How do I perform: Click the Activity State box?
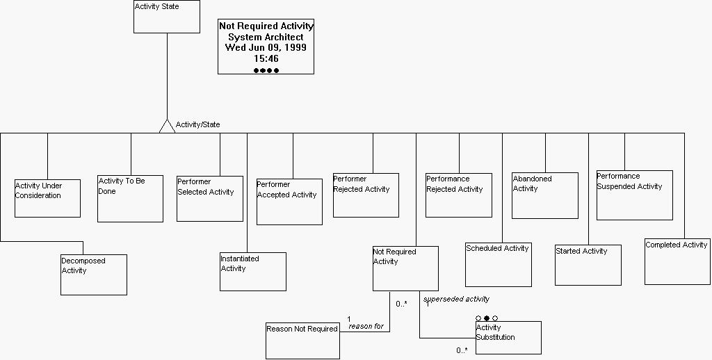(x=167, y=17)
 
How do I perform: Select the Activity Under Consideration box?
(x=47, y=198)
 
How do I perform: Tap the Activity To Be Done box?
(x=130, y=199)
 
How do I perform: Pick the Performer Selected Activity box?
(x=210, y=199)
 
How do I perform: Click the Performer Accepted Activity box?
(x=289, y=202)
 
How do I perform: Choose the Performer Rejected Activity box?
(x=366, y=195)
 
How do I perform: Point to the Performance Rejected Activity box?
(x=459, y=195)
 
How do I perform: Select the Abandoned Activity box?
(x=545, y=195)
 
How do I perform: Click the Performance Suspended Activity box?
(x=634, y=195)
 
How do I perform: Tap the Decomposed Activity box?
(x=94, y=275)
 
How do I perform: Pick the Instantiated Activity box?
(x=253, y=272)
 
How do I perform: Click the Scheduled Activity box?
(x=499, y=264)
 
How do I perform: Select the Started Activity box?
(x=588, y=265)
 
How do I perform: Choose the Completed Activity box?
(x=677, y=262)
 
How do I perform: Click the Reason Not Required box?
(x=302, y=341)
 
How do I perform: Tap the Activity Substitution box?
(x=508, y=338)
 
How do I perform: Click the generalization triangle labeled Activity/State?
(x=167, y=126)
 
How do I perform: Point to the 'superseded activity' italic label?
(x=456, y=299)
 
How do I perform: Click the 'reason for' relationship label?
(x=366, y=326)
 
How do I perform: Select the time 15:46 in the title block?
(x=266, y=59)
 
